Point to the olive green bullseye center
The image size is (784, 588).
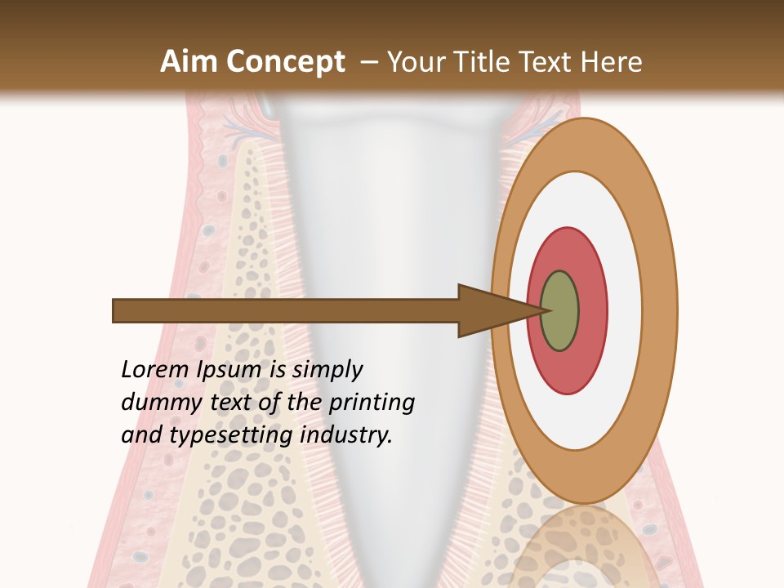tap(559, 310)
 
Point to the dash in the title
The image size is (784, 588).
tap(368, 62)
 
